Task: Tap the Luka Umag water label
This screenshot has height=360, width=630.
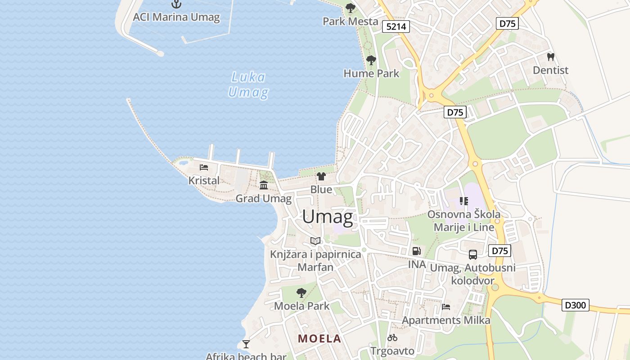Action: coord(248,85)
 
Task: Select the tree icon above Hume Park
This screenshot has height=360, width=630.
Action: coord(371,60)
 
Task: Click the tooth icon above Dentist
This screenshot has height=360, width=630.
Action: coord(550,57)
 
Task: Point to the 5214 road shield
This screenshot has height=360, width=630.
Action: coord(396,27)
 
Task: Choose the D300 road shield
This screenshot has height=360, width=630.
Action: coord(576,305)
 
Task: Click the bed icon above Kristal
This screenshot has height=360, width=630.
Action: coord(204,167)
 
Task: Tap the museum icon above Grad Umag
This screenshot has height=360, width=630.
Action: coord(264,185)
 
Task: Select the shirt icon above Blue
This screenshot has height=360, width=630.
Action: coord(321,176)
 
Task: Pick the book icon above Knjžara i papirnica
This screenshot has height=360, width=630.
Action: coord(315,241)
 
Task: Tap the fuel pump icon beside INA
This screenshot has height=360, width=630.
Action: coord(417,251)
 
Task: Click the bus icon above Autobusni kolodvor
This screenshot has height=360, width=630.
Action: coord(473,255)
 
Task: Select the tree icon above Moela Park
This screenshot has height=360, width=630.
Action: coord(301,293)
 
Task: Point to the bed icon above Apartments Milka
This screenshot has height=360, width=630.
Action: coord(446,307)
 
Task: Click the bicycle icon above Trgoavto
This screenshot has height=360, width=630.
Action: coord(392,337)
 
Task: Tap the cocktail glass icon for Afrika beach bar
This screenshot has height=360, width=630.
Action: coord(246,344)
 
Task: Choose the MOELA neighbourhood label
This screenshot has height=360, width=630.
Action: coord(319,338)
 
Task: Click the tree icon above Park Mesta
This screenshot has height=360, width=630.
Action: coord(350,8)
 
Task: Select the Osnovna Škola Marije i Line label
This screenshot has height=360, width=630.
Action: coord(464,220)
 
